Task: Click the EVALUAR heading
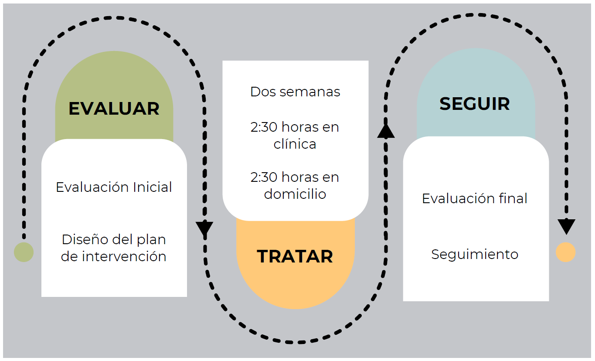114,109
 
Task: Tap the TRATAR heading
295,256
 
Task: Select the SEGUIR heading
475,104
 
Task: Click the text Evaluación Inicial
114,187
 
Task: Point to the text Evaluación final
475,198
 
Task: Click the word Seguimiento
475,255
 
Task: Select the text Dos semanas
295,92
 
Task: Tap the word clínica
295,144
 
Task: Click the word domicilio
295,194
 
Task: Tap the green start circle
24,252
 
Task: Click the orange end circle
565,252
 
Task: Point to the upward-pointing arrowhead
386,131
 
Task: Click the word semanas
310,92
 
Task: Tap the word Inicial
153,187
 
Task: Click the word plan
151,240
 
